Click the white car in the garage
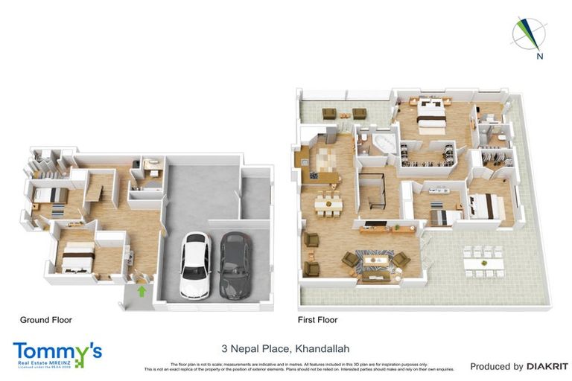pos(194,266)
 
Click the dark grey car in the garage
pos(234,266)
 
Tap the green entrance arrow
pos(142,291)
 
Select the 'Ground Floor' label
pos(45,320)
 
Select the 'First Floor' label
pos(317,320)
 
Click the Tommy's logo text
pos(56,350)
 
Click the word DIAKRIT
pos(547,366)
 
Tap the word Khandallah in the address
pos(322,348)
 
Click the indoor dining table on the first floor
pos(327,201)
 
